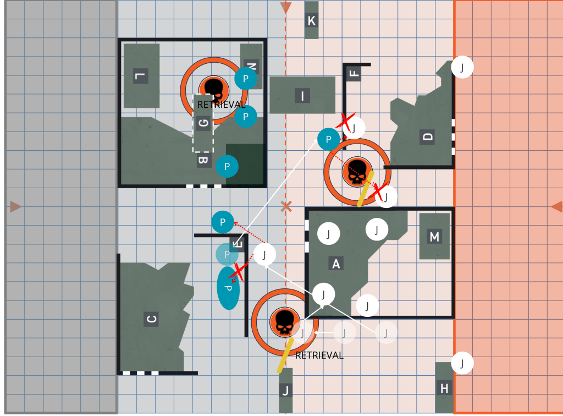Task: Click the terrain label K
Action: (311, 21)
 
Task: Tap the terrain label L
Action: (140, 76)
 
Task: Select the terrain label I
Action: (302, 96)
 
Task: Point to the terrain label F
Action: (354, 73)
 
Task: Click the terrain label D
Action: (427, 137)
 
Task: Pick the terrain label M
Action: (434, 237)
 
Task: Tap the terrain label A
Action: (336, 264)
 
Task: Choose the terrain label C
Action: (151, 319)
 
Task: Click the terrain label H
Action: (444, 388)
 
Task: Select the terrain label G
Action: (203, 123)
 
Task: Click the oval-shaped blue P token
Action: (228, 288)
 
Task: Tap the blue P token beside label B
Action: (227, 166)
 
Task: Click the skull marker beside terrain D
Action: (357, 172)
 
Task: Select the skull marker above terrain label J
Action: (285, 322)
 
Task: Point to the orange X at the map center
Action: (286, 206)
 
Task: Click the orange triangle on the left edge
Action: (15, 206)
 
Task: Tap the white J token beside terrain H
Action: (462, 363)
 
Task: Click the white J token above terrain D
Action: (462, 67)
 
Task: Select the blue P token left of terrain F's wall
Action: (329, 139)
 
